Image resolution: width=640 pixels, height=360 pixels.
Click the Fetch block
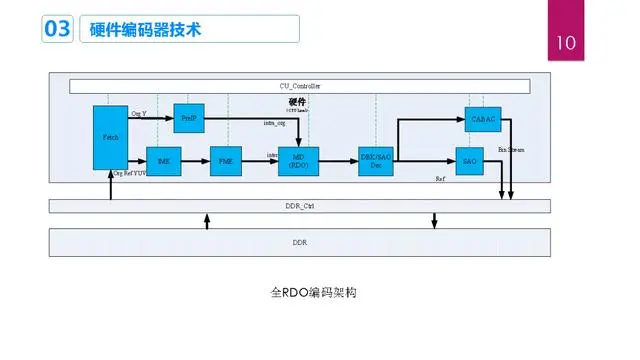[x=110, y=136]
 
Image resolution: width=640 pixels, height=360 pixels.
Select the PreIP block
[x=188, y=117]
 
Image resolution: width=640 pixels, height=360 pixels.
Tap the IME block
[x=164, y=161]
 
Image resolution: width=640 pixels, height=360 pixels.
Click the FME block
[x=225, y=161]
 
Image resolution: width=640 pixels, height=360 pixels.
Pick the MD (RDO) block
[x=297, y=161]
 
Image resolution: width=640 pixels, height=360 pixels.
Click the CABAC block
[x=481, y=118]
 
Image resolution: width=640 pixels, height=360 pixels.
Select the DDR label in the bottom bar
[x=299, y=243]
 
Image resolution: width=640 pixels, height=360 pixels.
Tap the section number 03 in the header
[x=56, y=30]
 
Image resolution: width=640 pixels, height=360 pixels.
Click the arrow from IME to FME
[x=195, y=161]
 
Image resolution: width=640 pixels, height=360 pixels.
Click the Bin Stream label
[x=511, y=149]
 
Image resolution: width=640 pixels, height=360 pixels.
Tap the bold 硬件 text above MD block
[x=296, y=102]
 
